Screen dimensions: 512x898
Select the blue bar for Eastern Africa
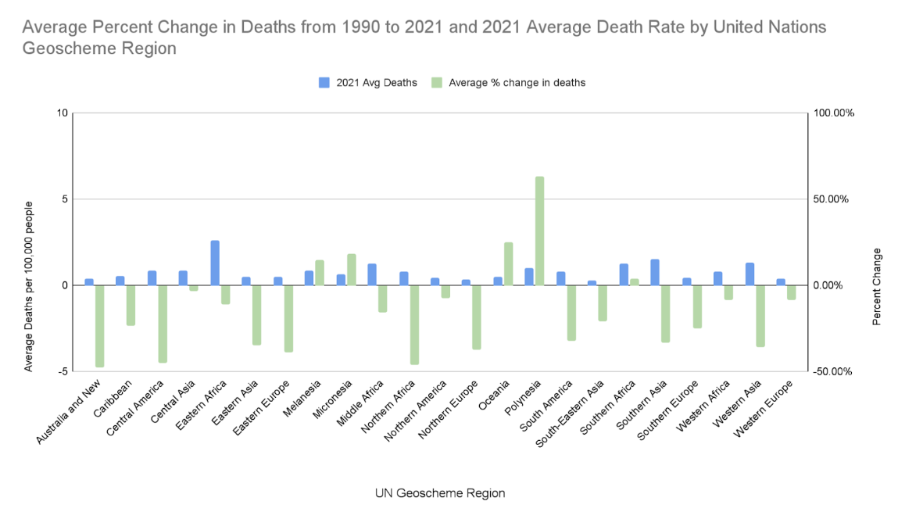215,263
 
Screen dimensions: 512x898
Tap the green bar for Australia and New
99,326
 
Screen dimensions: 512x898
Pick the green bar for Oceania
508,264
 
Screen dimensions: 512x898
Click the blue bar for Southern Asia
655,272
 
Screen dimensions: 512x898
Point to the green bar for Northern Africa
414,324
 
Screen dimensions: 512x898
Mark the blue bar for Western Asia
750,274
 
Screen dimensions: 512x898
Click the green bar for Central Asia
194,288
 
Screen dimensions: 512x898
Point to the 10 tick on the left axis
63,113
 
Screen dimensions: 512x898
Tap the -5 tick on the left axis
63,371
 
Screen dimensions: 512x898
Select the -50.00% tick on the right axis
832,371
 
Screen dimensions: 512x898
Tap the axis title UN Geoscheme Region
439,493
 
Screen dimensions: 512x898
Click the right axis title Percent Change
876,286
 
